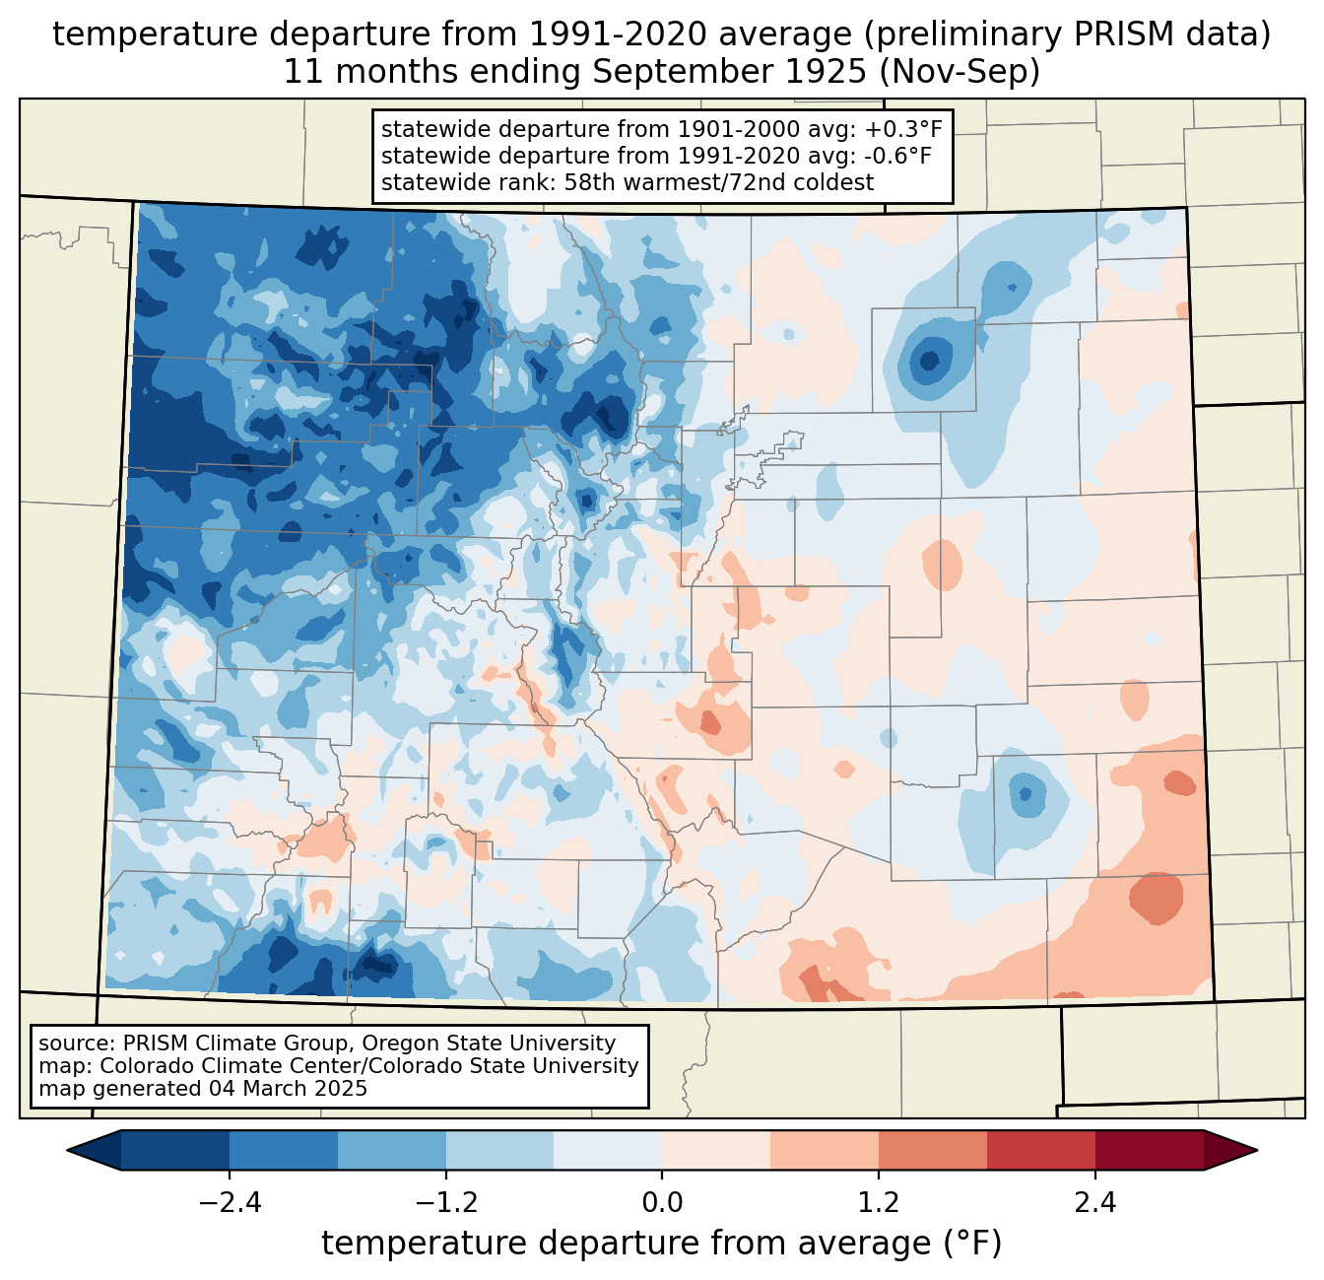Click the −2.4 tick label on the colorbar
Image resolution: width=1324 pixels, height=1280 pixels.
coord(230,1203)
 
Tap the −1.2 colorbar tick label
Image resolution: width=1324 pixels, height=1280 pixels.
coord(445,1203)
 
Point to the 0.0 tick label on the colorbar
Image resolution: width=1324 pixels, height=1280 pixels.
coord(662,1203)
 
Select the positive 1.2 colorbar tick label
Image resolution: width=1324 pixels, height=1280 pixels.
coord(879,1203)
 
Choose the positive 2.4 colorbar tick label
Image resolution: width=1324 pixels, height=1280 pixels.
coord(1094,1203)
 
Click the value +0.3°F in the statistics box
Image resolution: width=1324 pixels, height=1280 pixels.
coord(903,129)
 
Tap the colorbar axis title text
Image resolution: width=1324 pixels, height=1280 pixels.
coord(662,1244)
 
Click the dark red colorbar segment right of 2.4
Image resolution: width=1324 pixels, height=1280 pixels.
coord(1149,1150)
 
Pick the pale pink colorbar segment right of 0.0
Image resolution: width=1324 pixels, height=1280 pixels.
coord(716,1150)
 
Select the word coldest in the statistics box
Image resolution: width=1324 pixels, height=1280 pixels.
coord(836,182)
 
